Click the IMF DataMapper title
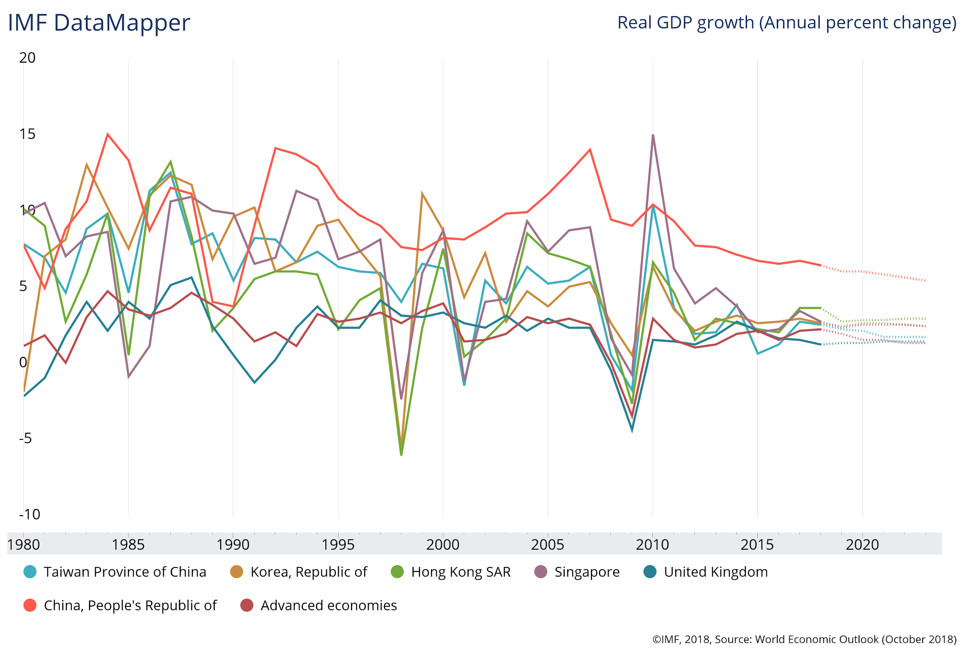click(99, 22)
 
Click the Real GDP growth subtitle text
click(787, 22)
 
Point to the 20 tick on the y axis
click(27, 58)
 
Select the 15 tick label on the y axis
click(27, 134)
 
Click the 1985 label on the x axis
click(128, 545)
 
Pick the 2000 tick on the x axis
click(443, 545)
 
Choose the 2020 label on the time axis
click(862, 545)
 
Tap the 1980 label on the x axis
click(24, 545)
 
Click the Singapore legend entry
click(586, 572)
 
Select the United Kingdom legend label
click(716, 572)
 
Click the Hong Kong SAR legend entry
click(460, 572)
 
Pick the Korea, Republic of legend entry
click(308, 572)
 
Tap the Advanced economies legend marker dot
click(247, 606)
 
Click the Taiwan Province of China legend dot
click(30, 572)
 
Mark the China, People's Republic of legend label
click(130, 606)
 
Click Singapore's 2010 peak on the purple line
click(653, 135)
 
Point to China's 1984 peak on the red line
click(108, 134)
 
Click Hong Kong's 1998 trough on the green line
click(401, 455)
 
